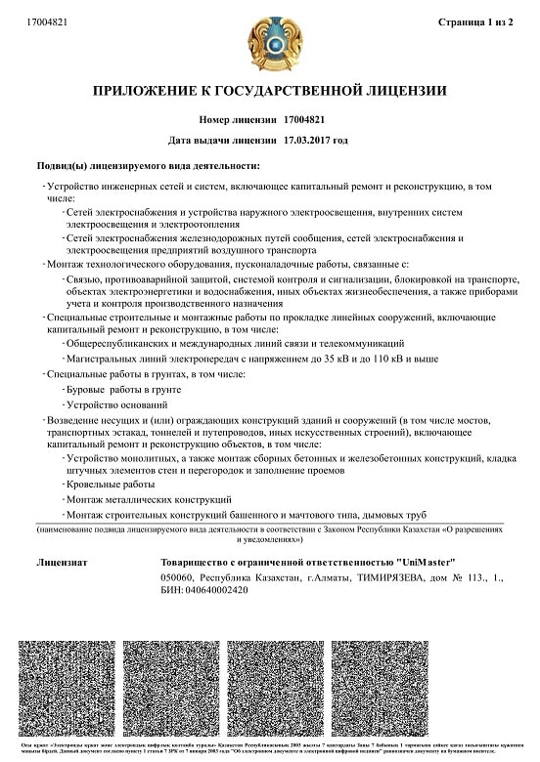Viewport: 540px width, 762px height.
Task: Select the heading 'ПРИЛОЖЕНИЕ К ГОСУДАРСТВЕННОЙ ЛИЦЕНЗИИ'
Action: tap(269, 92)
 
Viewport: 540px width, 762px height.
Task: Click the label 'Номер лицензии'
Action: tap(238, 119)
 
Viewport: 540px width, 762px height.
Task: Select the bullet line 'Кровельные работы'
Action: tap(110, 485)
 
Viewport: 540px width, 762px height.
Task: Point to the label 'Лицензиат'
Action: tap(62, 562)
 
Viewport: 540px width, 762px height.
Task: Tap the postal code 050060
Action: tap(180, 577)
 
